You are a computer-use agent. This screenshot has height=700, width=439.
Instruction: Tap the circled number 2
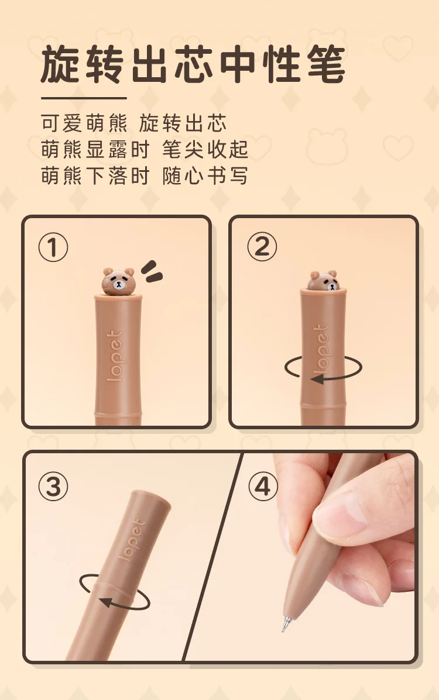(x=262, y=246)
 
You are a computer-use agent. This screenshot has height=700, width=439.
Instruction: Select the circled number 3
(x=53, y=486)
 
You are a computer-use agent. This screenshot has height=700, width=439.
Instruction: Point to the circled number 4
(x=263, y=486)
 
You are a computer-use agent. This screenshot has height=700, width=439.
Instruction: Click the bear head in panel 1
(x=118, y=281)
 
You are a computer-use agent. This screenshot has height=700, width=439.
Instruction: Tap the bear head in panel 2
(x=323, y=280)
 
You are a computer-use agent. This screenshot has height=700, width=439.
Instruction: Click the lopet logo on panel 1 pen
(x=115, y=356)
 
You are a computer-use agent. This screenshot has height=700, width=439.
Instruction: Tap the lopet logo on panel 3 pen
(x=132, y=540)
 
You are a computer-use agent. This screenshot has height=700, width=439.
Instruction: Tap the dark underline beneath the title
(x=84, y=98)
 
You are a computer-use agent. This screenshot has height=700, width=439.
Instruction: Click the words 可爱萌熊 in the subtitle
(x=84, y=123)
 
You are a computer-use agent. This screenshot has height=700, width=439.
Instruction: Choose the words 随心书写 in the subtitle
(x=205, y=175)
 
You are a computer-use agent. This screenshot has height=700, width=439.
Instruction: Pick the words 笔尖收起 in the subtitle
(x=205, y=149)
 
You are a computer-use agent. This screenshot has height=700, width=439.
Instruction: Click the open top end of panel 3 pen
(x=151, y=498)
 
